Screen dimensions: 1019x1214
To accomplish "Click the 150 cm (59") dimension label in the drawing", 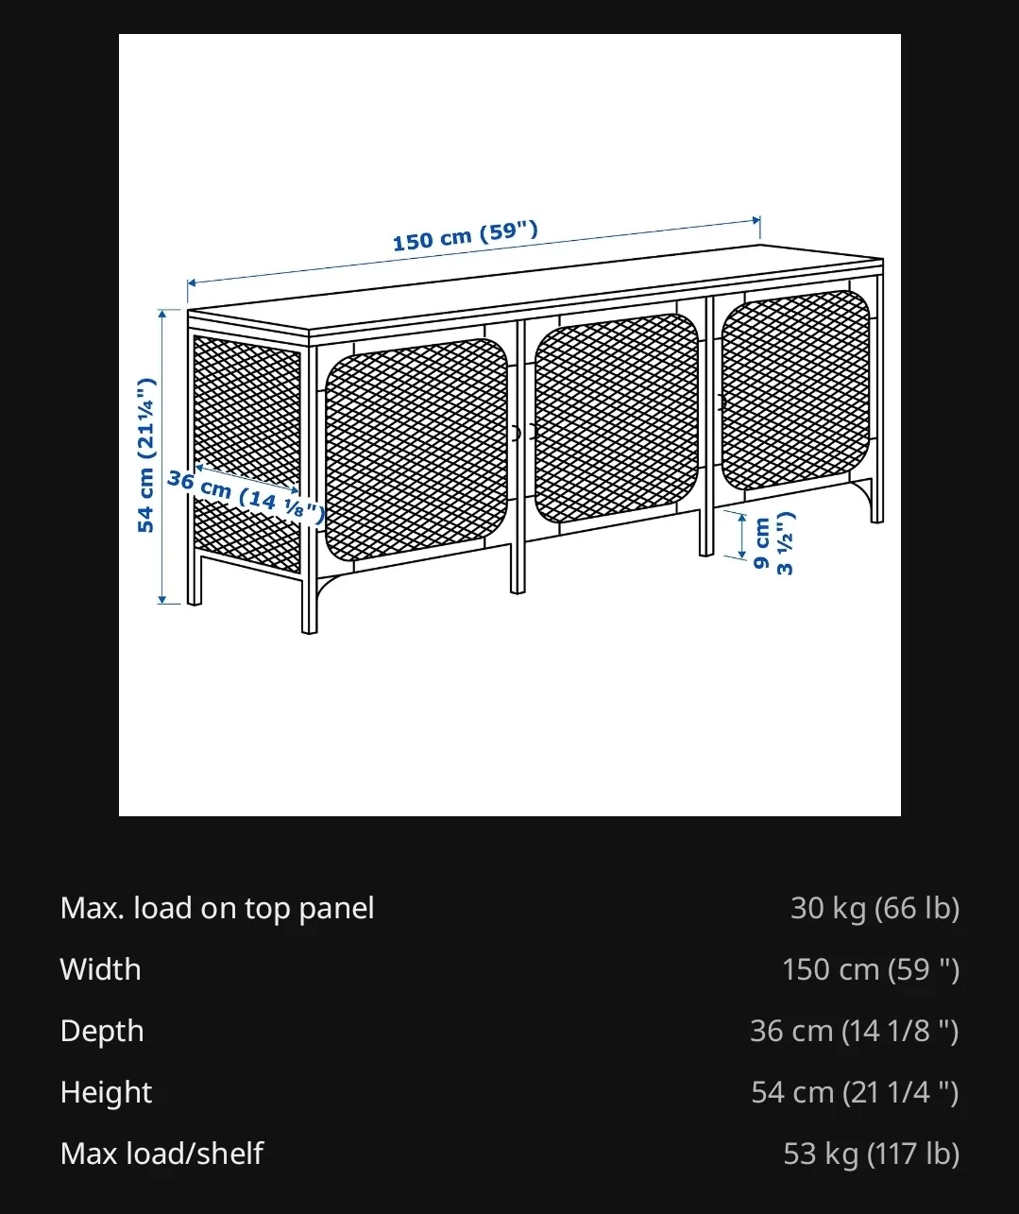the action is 466,236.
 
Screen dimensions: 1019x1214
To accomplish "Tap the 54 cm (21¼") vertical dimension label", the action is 146,455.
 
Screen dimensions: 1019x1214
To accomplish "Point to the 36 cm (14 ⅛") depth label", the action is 246,496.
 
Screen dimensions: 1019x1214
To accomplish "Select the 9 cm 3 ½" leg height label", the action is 773,543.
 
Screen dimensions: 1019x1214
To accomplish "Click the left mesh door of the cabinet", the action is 416,449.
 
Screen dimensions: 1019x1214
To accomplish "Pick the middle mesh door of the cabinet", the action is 616,418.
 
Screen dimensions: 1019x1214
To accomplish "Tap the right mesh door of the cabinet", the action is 796,389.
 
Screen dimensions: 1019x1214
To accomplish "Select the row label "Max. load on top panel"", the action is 217,908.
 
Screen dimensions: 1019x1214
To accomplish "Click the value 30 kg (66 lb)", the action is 875,908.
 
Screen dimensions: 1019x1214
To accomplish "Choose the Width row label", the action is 100,969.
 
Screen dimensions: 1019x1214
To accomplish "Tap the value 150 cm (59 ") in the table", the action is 871,969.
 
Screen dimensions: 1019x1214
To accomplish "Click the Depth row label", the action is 102,1031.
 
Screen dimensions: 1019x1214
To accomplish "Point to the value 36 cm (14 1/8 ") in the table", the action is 855,1031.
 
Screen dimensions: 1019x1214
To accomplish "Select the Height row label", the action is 106,1092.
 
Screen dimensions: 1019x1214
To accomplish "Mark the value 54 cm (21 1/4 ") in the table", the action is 855,1092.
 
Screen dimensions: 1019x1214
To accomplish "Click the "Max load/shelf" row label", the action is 161,1154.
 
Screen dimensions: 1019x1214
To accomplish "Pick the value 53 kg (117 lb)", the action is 872,1154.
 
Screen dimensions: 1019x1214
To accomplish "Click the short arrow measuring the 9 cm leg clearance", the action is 742,536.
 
